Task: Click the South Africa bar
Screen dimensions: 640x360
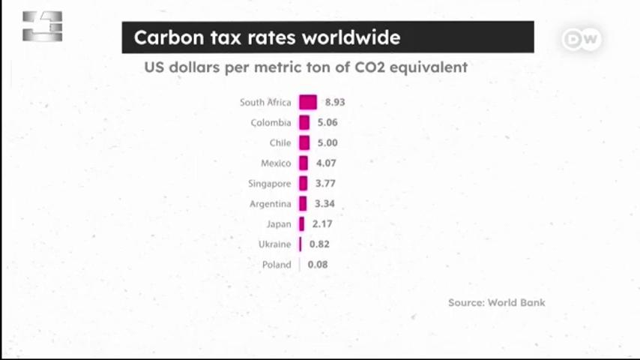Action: pyautogui.click(x=308, y=102)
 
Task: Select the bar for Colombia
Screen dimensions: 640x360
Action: pyautogui.click(x=304, y=122)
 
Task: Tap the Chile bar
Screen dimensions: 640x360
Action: pyautogui.click(x=304, y=142)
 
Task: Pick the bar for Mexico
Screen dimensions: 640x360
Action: pyautogui.click(x=304, y=163)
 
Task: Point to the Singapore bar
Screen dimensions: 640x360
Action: pyautogui.click(x=303, y=184)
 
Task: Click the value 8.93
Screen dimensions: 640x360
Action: pyautogui.click(x=335, y=102)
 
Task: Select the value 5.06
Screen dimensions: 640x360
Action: pyautogui.click(x=327, y=122)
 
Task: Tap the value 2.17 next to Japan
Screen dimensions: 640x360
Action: pyautogui.click(x=322, y=224)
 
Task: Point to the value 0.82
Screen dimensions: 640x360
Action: pyautogui.click(x=319, y=244)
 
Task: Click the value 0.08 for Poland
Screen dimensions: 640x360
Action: pyautogui.click(x=318, y=265)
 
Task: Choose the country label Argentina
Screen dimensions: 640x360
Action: pyautogui.click(x=271, y=204)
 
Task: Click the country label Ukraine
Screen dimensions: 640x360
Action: pyautogui.click(x=275, y=244)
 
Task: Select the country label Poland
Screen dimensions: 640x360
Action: pyautogui.click(x=277, y=265)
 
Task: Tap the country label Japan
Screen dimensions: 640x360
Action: pyautogui.click(x=279, y=224)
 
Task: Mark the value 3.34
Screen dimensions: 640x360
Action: pyautogui.click(x=324, y=203)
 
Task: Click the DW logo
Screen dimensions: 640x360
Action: pyautogui.click(x=582, y=39)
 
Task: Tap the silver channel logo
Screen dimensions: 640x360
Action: pyautogui.click(x=43, y=26)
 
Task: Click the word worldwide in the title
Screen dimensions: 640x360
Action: pyautogui.click(x=351, y=37)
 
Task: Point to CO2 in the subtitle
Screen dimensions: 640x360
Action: pyautogui.click(x=369, y=67)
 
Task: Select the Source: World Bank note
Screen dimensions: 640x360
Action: pyautogui.click(x=496, y=303)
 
